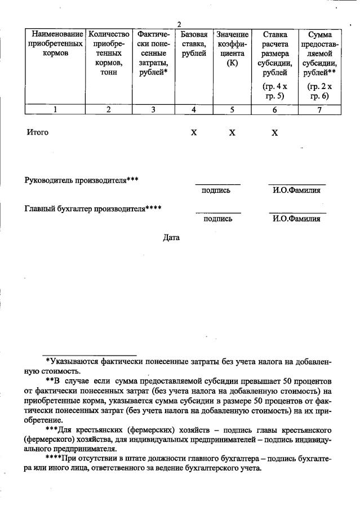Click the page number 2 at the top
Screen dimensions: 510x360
[179, 24]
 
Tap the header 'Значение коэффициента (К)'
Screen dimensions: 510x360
[232, 48]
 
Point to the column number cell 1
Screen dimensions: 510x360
[55, 110]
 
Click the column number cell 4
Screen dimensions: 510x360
[194, 110]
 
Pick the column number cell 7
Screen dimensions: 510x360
[319, 110]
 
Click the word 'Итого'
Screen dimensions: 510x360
[38, 132]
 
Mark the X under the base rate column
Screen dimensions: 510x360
[194, 133]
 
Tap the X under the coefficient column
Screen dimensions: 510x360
[232, 133]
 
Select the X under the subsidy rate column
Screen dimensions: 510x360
[274, 133]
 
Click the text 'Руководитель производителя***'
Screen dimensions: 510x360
[82, 180]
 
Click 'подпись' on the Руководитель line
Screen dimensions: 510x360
[217, 190]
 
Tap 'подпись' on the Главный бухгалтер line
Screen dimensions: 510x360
[218, 219]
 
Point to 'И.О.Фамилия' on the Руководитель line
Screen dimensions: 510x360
[296, 190]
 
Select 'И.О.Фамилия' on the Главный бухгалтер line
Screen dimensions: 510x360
[296, 219]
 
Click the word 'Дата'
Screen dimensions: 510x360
[171, 237]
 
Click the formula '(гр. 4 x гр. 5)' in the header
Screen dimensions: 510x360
[274, 91]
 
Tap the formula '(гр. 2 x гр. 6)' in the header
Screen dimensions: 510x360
[319, 91]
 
